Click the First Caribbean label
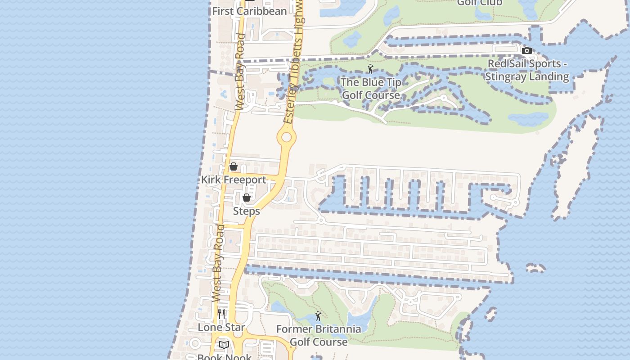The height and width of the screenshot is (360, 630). (x=249, y=11)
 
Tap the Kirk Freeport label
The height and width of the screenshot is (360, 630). (x=233, y=180)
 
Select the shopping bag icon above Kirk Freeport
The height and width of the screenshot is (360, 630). (x=234, y=167)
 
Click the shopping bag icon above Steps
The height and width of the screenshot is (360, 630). (x=247, y=198)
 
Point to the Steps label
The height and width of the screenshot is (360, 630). (x=246, y=211)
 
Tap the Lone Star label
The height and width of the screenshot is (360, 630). (x=221, y=327)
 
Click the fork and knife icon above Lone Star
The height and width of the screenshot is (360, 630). (x=221, y=314)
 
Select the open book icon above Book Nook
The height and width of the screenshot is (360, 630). (x=224, y=345)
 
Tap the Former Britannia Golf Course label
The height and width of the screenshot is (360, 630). (x=319, y=335)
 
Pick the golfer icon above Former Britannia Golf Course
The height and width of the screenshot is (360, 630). (x=318, y=316)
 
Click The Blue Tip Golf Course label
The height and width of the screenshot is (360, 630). (x=371, y=89)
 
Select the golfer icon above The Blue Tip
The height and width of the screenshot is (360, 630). (x=370, y=69)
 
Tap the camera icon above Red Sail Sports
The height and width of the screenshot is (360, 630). (x=527, y=50)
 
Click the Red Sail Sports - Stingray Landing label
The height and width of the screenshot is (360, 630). (x=527, y=70)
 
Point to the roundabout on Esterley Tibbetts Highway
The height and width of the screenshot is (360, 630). (x=286, y=137)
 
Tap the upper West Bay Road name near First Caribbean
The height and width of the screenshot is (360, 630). (x=240, y=72)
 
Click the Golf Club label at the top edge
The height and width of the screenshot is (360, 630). (x=480, y=3)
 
